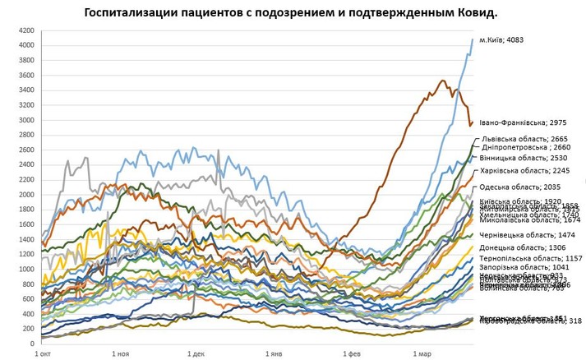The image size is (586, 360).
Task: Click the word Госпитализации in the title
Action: (x=132, y=14)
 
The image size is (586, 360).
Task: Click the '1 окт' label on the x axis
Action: (x=43, y=353)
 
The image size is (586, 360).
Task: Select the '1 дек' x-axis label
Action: (x=195, y=353)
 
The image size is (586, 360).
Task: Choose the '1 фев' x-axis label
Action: (x=349, y=353)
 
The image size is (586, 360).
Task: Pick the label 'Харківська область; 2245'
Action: (x=525, y=171)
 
